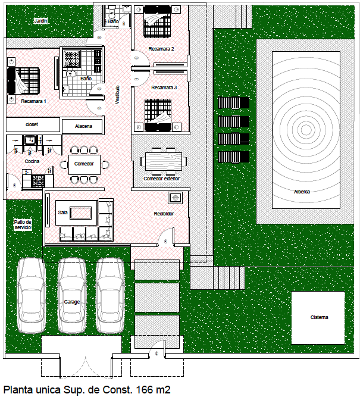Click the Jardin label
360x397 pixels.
40,21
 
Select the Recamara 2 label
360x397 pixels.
161,49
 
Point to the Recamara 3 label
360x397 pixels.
164,87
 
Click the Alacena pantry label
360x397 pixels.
84,126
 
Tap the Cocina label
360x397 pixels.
32,161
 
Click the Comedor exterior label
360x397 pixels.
161,179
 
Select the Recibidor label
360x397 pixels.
164,213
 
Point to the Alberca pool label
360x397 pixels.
302,192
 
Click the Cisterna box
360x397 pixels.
318,317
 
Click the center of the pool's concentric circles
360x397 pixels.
306,130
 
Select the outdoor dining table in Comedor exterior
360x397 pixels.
164,161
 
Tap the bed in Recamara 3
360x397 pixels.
158,113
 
